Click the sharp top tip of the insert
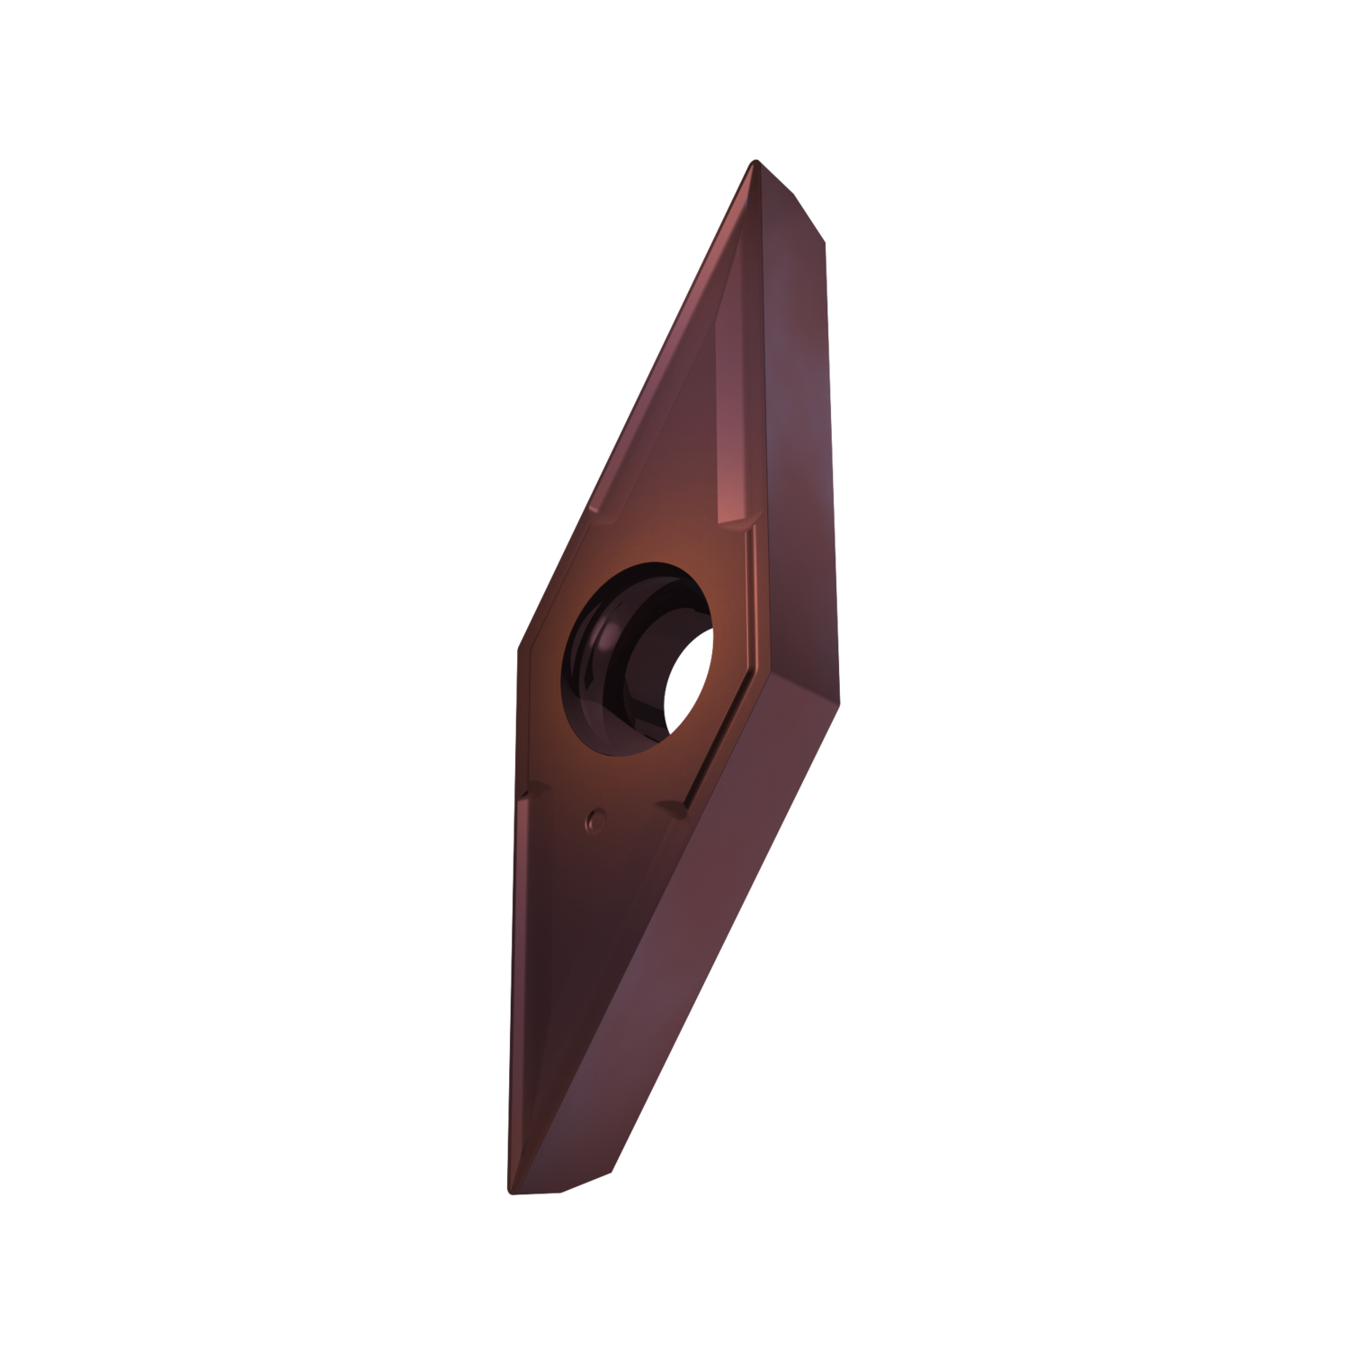(x=752, y=162)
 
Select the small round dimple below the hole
(x=594, y=818)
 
